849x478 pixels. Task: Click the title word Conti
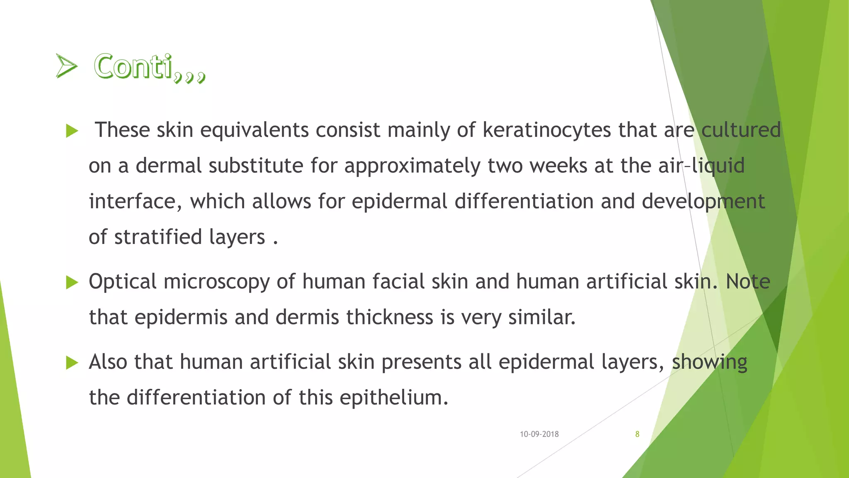coord(133,66)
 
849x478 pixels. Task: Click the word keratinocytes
coord(547,130)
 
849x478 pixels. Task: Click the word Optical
coord(122,282)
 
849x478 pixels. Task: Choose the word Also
coord(108,361)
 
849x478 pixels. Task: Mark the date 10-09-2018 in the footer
coord(539,434)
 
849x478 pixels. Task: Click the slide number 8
coord(637,434)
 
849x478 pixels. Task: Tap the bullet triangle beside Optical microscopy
coord(72,283)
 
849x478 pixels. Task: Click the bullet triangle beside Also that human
coord(72,363)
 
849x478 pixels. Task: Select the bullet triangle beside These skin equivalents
coord(72,132)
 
